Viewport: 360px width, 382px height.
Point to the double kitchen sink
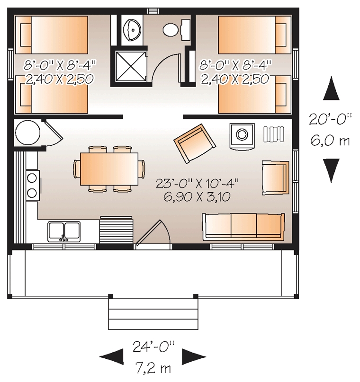[x=64, y=231]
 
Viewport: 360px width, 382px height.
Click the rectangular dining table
[x=109, y=169]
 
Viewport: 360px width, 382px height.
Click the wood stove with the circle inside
[x=242, y=134]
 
